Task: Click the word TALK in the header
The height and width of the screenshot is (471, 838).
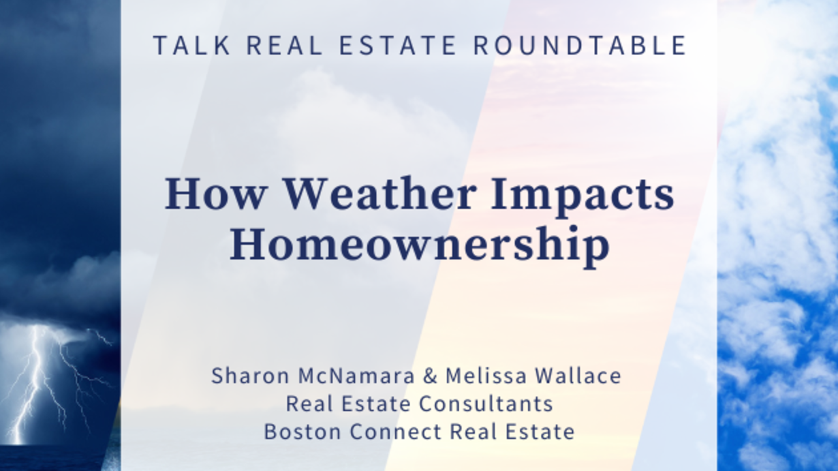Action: click(191, 45)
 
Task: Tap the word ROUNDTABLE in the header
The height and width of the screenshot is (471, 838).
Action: click(580, 45)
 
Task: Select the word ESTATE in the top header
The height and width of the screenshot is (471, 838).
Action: click(397, 45)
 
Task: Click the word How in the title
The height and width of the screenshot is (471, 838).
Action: click(215, 194)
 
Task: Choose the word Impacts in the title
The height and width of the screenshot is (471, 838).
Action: click(583, 197)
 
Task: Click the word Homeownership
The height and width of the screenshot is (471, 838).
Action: click(420, 245)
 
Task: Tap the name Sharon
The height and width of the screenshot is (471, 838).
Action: click(250, 376)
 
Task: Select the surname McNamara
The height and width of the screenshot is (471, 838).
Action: click(356, 376)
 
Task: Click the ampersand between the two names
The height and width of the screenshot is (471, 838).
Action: click(430, 376)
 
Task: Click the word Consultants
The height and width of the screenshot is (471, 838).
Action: click(486, 404)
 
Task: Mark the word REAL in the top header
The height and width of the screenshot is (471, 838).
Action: click(284, 45)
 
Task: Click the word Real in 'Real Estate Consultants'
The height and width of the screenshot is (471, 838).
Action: click(310, 404)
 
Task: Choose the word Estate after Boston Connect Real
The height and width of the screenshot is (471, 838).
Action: click(540, 431)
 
